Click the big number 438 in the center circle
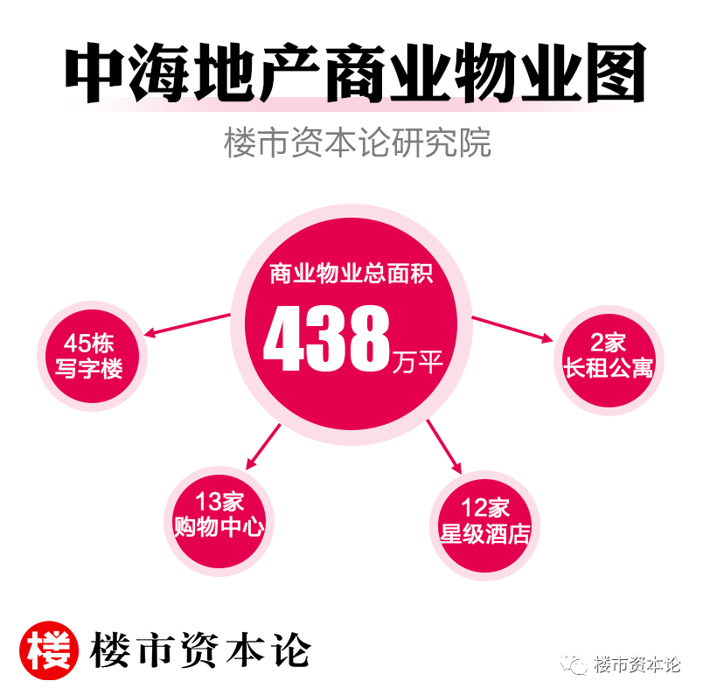(x=325, y=337)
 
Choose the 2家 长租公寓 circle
(x=608, y=354)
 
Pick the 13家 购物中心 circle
(x=219, y=515)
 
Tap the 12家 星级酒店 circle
(x=485, y=519)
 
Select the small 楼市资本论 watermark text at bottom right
(x=636, y=664)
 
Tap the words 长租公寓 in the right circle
(x=608, y=367)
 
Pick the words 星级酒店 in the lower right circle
(x=485, y=532)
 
